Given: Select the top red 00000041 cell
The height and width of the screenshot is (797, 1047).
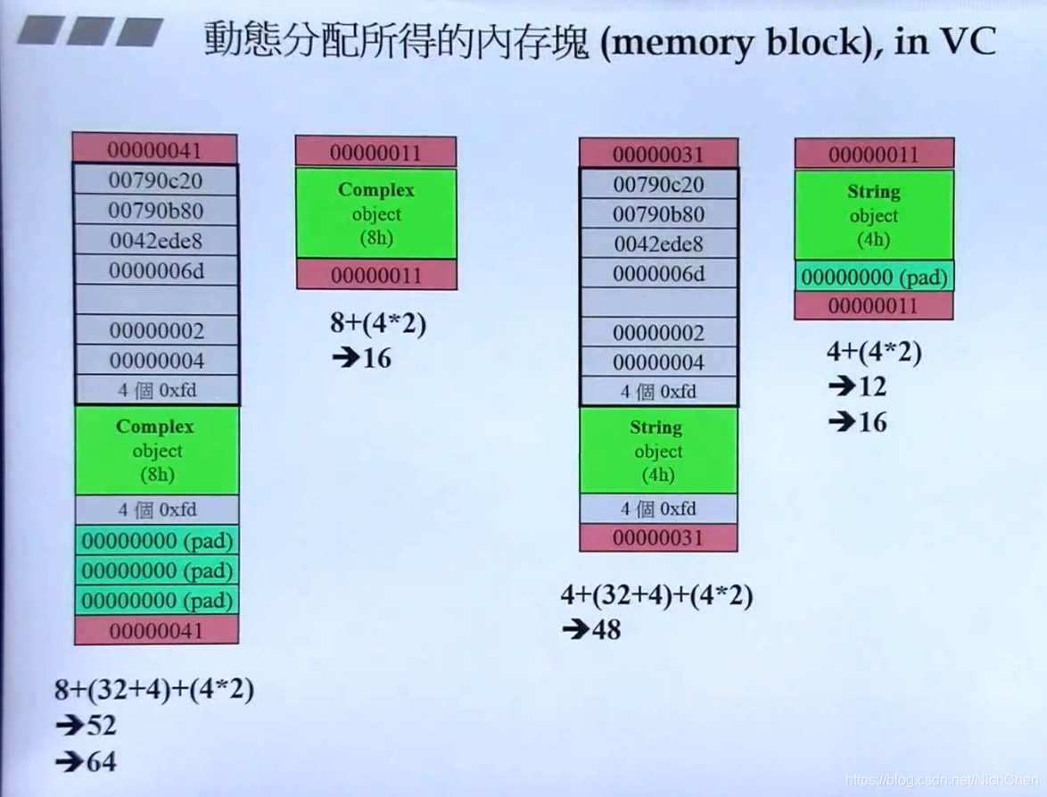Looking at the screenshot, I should click(155, 149).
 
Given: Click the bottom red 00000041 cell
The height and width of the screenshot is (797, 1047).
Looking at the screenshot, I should click(156, 631).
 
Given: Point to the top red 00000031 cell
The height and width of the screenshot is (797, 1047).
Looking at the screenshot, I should click(658, 154).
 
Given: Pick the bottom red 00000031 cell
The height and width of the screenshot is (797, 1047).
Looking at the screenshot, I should click(658, 538).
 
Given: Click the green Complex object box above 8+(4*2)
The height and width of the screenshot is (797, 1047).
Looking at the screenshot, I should click(376, 214).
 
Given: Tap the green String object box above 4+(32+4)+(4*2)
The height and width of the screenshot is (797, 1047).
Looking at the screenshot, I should click(658, 451).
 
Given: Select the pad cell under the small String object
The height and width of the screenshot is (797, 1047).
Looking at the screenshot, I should click(874, 277).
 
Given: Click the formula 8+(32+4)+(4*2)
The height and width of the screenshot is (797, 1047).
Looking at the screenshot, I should click(154, 689).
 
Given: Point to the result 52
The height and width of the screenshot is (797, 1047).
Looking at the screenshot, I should click(101, 726).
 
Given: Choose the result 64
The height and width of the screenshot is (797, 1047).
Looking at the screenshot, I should click(101, 761).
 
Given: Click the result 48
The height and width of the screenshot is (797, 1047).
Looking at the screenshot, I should click(606, 630).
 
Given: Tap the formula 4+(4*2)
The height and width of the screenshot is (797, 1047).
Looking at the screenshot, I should click(874, 352).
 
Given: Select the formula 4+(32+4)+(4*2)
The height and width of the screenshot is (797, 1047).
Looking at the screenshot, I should click(656, 594).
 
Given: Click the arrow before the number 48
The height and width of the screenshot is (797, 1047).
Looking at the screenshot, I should click(575, 630).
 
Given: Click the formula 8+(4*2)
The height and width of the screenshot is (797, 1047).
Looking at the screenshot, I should click(378, 323).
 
